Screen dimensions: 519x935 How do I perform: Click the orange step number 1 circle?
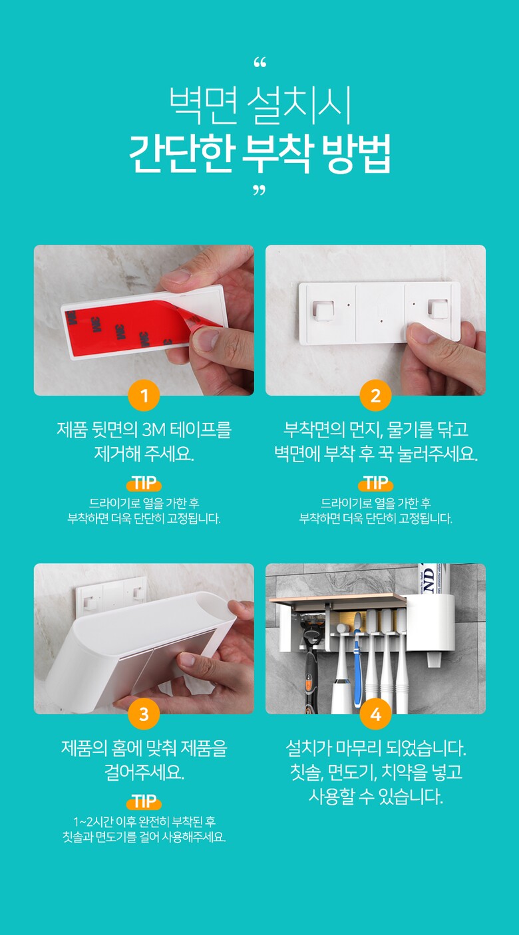[144, 395]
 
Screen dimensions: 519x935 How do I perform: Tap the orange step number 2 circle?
[375, 395]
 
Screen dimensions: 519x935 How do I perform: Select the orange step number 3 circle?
[144, 714]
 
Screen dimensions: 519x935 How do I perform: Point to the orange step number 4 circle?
[375, 714]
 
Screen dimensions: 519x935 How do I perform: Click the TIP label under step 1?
[144, 483]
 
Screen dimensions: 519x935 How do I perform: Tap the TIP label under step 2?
[375, 483]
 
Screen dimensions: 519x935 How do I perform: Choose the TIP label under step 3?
[144, 801]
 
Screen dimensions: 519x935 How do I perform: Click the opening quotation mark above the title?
[259, 63]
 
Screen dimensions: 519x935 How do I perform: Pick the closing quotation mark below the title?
[259, 191]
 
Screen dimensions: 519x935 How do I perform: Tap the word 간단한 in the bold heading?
[181, 154]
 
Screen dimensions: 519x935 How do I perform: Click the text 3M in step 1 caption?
[154, 430]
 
